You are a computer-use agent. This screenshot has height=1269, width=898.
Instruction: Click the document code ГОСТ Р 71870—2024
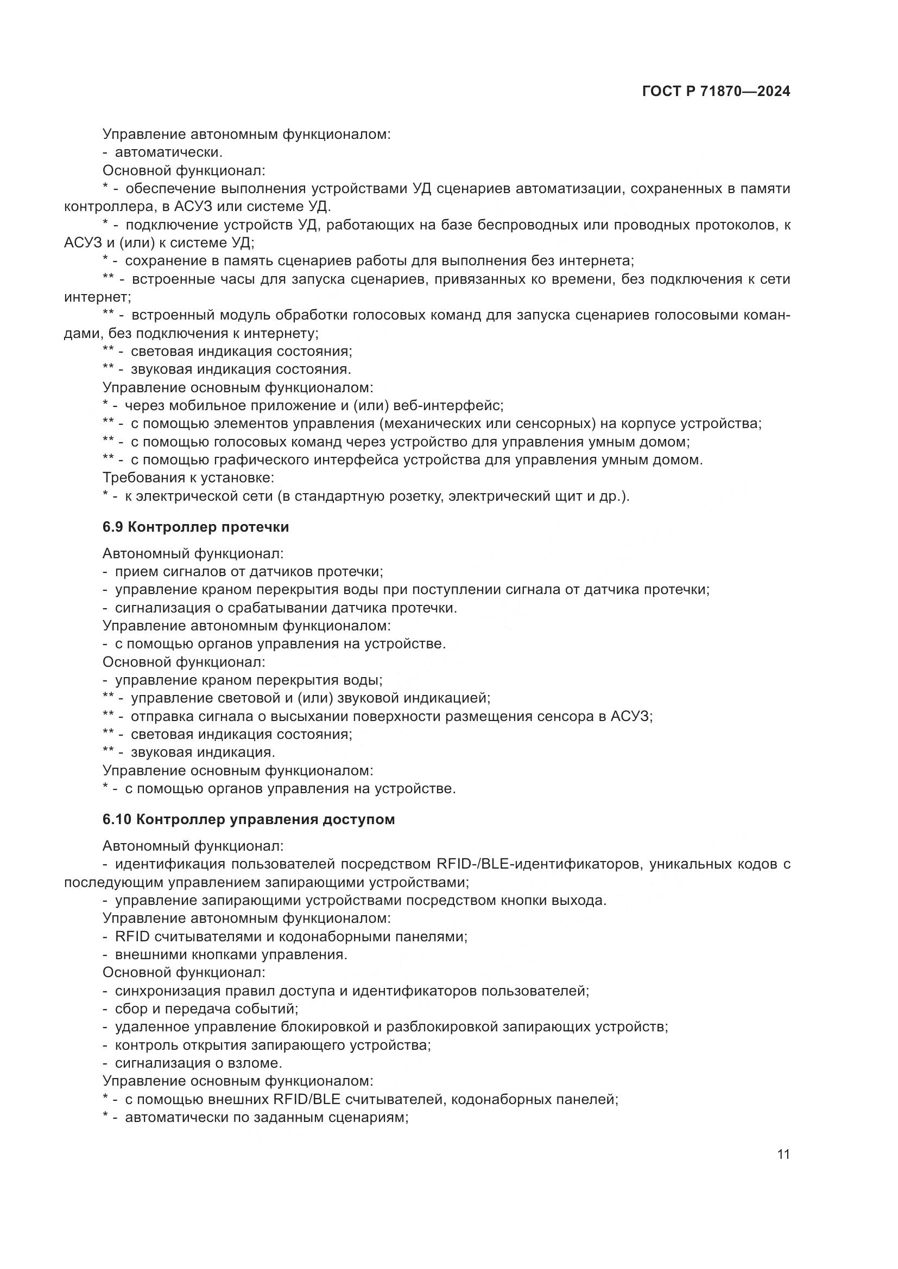tap(716, 91)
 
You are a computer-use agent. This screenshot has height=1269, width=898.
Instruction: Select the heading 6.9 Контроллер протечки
tap(196, 527)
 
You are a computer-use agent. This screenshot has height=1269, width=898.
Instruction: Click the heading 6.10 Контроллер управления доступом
tap(248, 819)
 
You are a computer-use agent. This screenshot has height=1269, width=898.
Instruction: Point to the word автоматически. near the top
tap(168, 152)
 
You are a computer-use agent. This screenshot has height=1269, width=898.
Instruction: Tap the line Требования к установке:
tap(188, 477)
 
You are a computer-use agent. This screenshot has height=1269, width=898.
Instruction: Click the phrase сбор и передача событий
tap(206, 1009)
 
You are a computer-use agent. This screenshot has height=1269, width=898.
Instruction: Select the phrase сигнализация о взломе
tap(199, 1063)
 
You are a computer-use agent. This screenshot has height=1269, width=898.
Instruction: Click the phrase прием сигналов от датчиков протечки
tap(249, 571)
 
